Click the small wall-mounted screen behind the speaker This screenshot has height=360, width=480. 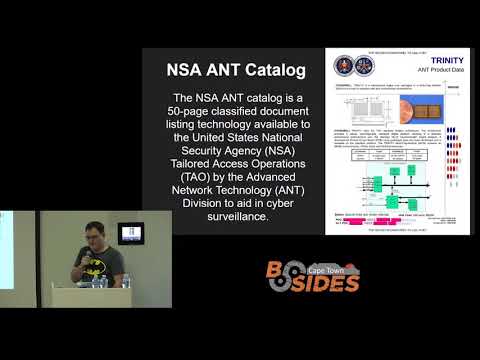pos(131,233)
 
